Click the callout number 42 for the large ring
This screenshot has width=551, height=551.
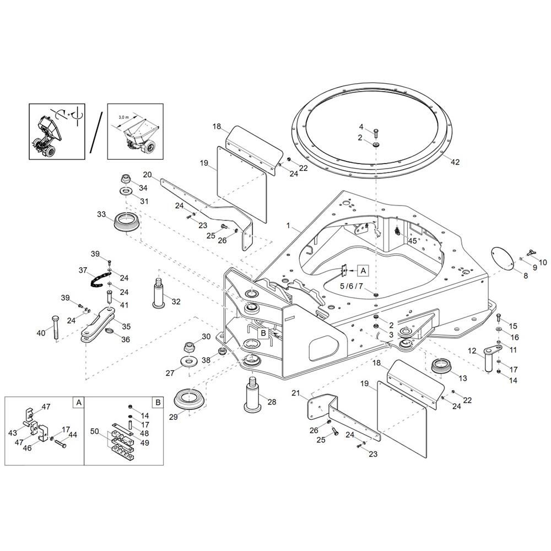point(455,162)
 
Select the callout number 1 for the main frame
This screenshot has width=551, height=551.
point(289,225)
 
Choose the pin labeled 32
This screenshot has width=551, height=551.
point(159,293)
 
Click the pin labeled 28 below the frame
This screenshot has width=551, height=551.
point(252,393)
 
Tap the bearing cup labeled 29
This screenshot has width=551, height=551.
point(190,399)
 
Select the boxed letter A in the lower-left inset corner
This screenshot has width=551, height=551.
point(79,402)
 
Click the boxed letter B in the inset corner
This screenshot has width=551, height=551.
point(158,402)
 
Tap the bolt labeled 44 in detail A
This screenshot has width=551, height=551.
point(61,445)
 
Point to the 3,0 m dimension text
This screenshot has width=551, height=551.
point(123,117)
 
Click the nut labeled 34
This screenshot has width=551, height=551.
point(126,178)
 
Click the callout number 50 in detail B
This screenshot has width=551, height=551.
point(95,431)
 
